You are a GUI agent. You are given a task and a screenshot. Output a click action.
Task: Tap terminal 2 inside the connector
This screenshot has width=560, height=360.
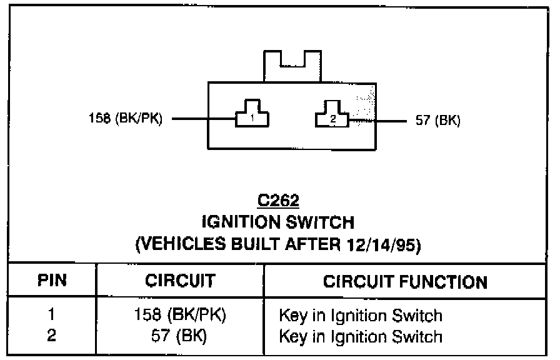[332, 117]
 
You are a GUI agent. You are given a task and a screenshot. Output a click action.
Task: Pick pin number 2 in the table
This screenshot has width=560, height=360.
[51, 336]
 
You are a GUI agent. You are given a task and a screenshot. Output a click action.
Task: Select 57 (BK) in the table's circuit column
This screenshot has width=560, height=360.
[180, 336]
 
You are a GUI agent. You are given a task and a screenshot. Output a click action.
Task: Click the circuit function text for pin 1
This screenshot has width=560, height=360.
[361, 316]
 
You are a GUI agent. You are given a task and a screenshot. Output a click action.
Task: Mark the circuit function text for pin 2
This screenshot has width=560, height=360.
[361, 337]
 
